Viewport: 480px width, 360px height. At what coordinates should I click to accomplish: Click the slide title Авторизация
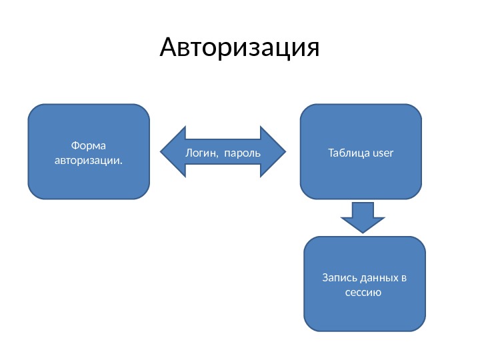(240, 48)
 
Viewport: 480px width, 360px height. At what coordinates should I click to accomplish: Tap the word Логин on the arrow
(200, 153)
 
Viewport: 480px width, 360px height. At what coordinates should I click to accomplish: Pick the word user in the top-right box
(383, 153)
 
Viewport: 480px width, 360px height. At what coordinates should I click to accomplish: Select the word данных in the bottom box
(378, 277)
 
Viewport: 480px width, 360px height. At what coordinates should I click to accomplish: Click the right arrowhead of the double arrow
(274, 152)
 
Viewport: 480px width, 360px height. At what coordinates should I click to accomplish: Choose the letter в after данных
(403, 278)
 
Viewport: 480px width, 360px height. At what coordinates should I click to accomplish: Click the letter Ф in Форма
(73, 145)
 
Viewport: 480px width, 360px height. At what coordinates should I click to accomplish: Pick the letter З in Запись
(325, 277)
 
